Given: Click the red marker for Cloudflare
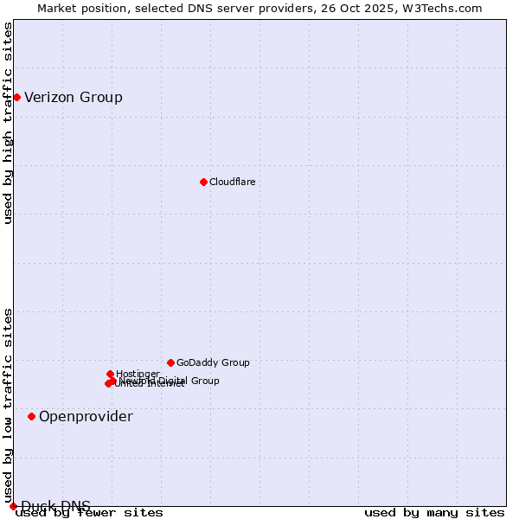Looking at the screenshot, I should coord(203,182).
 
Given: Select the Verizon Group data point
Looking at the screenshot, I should coord(16,97).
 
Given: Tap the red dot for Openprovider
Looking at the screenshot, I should coord(31,416).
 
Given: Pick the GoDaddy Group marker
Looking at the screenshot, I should coord(170,362).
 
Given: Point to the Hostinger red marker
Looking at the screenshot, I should coord(110,374).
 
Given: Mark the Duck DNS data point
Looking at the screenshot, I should coord(13,506).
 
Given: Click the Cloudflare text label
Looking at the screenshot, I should coord(232,182).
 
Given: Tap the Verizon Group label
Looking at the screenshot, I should coord(74,97).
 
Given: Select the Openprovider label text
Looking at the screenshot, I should coord(86,417).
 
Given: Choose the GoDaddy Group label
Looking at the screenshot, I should coord(213,363).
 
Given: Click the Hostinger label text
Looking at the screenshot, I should coord(138,374).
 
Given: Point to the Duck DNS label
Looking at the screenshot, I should coord(55,506).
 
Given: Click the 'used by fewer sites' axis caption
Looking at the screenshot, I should coord(89,513).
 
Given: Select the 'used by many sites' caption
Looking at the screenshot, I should coord(434,513).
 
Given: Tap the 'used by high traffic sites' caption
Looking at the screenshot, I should coord(8,123).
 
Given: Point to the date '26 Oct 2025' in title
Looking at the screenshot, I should coord(364,8).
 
